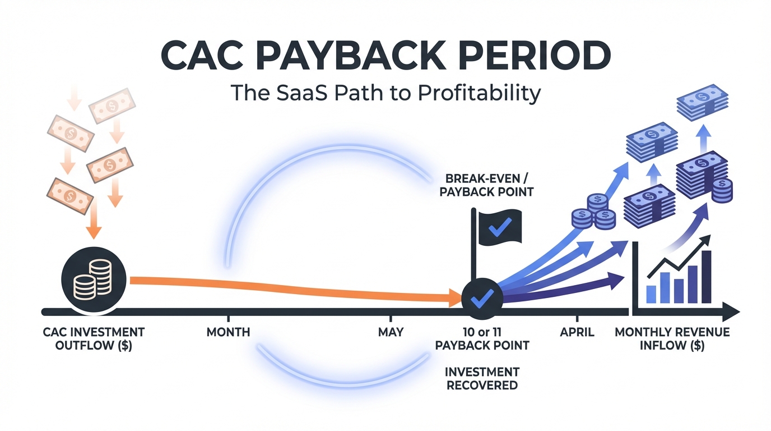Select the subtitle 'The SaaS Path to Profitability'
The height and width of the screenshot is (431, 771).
coord(386,93)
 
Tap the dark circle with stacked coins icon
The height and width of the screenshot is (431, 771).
coord(94,279)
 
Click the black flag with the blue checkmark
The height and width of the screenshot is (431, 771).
coord(500,227)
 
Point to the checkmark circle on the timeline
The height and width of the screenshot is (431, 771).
coord(482,299)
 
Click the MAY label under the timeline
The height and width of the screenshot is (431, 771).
coord(391,332)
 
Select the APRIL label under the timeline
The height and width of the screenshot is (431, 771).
coord(577,332)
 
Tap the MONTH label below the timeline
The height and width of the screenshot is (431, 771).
coord(228,332)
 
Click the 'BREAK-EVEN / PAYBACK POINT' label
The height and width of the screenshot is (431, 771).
coord(486,185)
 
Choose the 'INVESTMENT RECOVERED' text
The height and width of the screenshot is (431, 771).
coord(482,378)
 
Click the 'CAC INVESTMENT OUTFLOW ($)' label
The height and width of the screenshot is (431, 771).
coord(94,338)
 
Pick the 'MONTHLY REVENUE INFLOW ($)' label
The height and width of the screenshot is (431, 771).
coord(672,338)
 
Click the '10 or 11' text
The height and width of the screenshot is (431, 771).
coord(482,332)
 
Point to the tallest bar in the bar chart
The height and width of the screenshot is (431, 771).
coord(707,277)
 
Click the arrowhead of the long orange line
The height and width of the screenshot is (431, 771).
coord(455,297)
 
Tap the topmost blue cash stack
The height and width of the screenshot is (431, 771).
coord(703,102)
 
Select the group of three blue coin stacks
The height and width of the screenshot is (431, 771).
coord(593,212)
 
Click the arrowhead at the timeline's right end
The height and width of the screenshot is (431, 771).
coord(731,313)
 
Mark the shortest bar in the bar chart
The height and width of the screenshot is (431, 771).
coord(651,294)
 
